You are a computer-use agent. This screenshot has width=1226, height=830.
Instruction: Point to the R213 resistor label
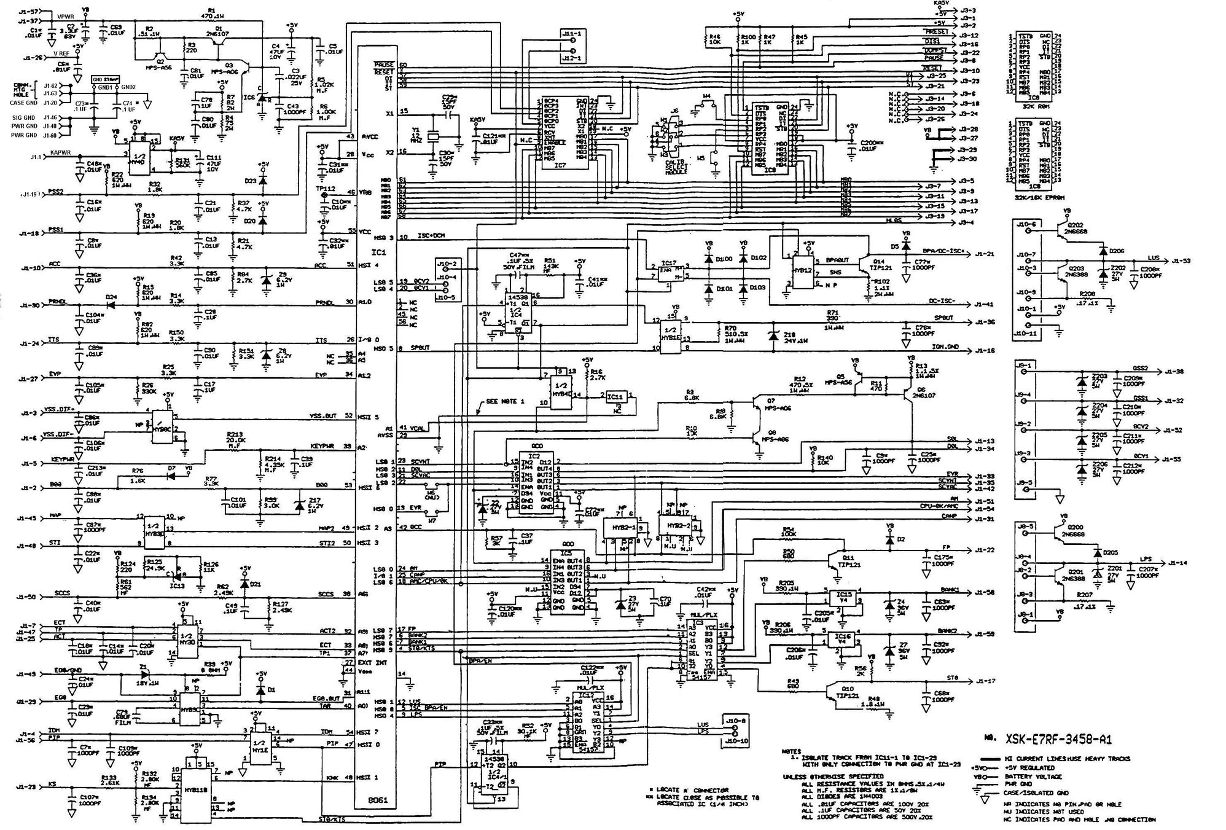pyautogui.click(x=235, y=433)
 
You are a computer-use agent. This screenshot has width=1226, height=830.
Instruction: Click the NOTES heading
pyautogui.click(x=791, y=751)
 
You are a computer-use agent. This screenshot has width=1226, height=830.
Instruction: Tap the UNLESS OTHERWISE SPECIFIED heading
pyautogui.click(x=823, y=777)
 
